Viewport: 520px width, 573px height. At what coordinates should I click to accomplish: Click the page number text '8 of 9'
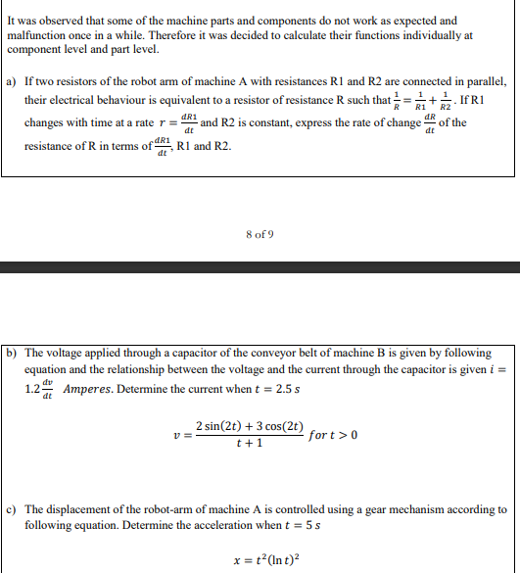coord(260,234)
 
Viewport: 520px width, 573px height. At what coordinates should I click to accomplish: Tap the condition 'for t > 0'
coord(334,434)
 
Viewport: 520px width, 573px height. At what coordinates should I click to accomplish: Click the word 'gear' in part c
coord(355,509)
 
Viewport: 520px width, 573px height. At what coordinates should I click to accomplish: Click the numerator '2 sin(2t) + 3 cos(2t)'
coord(249,425)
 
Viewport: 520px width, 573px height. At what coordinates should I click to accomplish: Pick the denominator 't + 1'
coord(250,443)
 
